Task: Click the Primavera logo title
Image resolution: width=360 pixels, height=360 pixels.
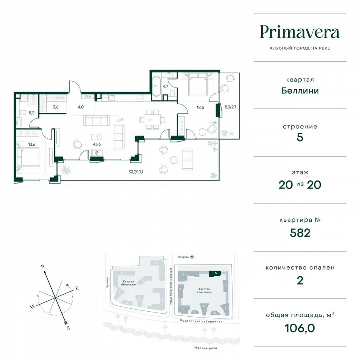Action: pyautogui.click(x=300, y=32)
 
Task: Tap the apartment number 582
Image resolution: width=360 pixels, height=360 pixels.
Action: pyautogui.click(x=300, y=232)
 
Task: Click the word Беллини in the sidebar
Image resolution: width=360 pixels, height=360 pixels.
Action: pyautogui.click(x=300, y=90)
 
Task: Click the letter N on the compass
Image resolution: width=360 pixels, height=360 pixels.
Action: pyautogui.click(x=42, y=265)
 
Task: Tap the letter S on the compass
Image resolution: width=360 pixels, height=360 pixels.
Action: pyautogui.click(x=67, y=328)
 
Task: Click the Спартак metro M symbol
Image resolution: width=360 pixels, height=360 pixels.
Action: pyautogui.click(x=192, y=257)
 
